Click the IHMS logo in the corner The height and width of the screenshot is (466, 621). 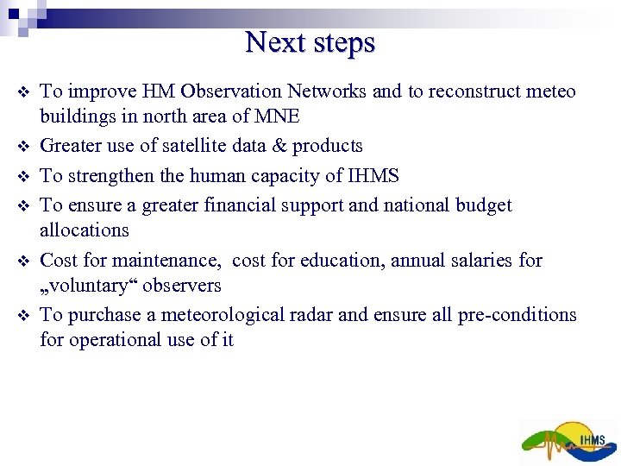click(x=569, y=442)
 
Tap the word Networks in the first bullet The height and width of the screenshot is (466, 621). click(x=328, y=91)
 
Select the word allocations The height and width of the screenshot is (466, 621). click(x=85, y=230)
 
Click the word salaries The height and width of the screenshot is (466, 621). click(x=486, y=260)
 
